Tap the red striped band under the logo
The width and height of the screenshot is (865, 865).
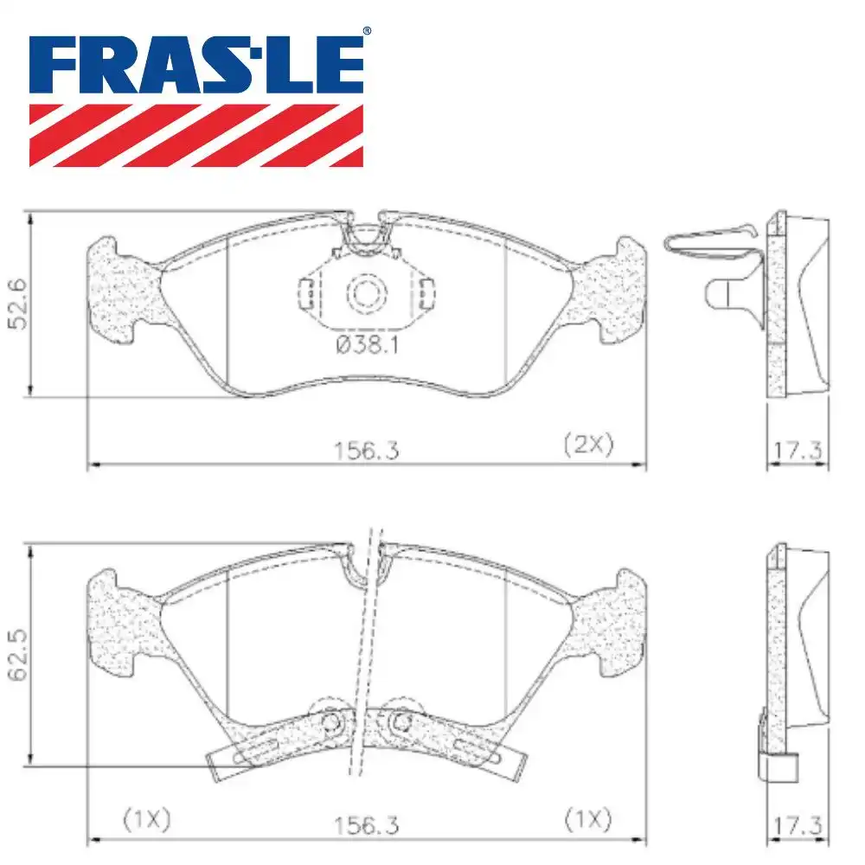197,135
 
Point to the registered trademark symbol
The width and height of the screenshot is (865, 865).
367,32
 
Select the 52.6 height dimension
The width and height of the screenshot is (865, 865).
17,304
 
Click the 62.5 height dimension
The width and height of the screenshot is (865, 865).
17,655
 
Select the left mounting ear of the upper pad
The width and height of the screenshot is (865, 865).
121,290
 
